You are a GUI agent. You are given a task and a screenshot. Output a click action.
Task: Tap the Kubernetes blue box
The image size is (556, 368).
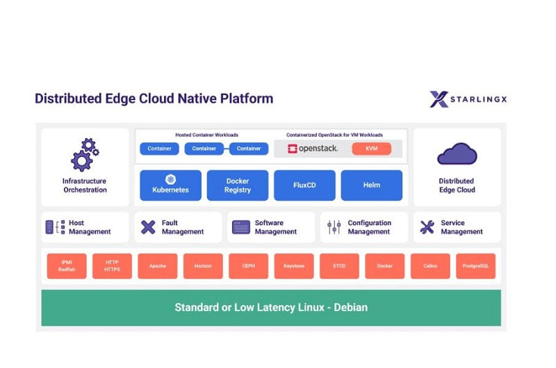click(x=170, y=185)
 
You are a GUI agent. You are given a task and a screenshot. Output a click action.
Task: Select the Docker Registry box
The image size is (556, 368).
click(x=237, y=185)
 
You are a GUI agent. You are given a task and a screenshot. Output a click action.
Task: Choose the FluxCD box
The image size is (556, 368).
click(x=304, y=185)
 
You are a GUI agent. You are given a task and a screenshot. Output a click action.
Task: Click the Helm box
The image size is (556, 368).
click(x=371, y=185)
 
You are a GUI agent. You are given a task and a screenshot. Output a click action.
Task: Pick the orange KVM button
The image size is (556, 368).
click(x=371, y=149)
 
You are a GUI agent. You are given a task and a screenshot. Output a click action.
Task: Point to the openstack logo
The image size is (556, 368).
click(x=312, y=149)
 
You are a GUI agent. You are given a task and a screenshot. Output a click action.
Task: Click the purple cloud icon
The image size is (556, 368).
click(x=457, y=154)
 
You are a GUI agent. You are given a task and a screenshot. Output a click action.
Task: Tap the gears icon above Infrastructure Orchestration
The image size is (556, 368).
click(x=85, y=155)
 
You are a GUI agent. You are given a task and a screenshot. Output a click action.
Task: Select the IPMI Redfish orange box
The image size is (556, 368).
click(x=67, y=266)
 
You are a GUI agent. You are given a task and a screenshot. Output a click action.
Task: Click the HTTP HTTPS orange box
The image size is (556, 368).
click(x=112, y=266)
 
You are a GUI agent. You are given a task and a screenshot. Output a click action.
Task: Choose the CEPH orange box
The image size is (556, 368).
click(x=248, y=266)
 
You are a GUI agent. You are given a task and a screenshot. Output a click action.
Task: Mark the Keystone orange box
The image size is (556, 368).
click(x=294, y=266)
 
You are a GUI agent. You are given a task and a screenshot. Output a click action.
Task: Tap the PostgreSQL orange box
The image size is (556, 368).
click(x=475, y=266)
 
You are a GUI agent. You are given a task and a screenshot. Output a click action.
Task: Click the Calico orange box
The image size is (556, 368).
click(x=430, y=266)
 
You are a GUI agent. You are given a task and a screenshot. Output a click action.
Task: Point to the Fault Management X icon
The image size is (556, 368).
click(x=148, y=227)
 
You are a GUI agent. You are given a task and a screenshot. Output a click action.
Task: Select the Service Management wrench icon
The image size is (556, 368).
click(x=427, y=227)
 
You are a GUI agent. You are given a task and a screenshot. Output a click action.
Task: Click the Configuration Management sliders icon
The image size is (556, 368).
click(x=334, y=227)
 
